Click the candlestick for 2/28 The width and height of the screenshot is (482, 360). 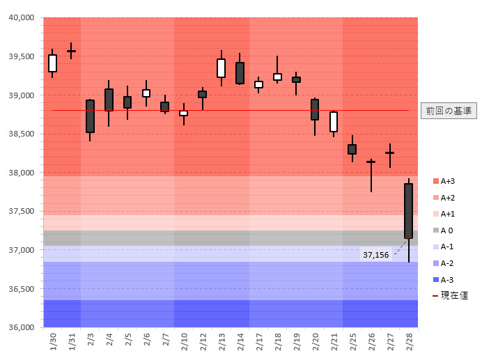(x=408, y=211)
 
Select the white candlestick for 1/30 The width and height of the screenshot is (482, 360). (x=52, y=63)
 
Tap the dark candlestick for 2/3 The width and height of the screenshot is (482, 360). (x=90, y=116)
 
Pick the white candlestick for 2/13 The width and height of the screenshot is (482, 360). (x=221, y=68)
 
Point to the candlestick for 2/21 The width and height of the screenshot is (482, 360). (x=334, y=122)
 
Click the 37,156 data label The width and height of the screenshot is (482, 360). (x=375, y=255)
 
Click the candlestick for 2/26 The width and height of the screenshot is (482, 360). (x=371, y=163)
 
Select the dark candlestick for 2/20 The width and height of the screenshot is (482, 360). (x=315, y=109)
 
